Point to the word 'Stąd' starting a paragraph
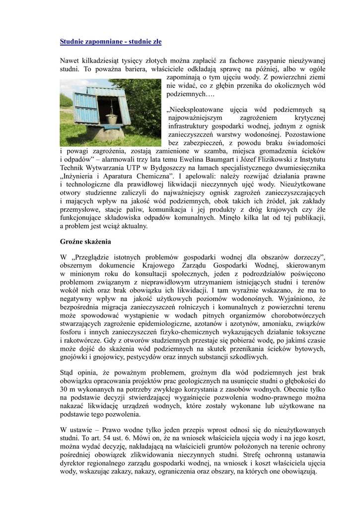pos(67,373)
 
